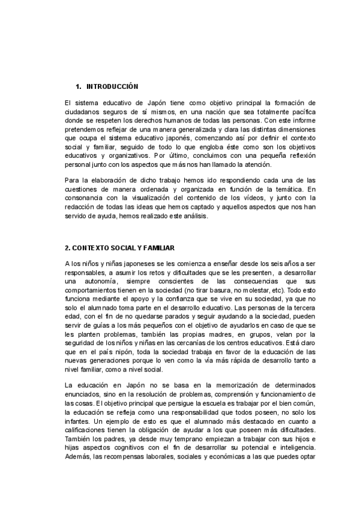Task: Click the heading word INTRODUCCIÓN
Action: click(x=113, y=86)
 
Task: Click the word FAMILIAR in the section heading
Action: click(x=158, y=247)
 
